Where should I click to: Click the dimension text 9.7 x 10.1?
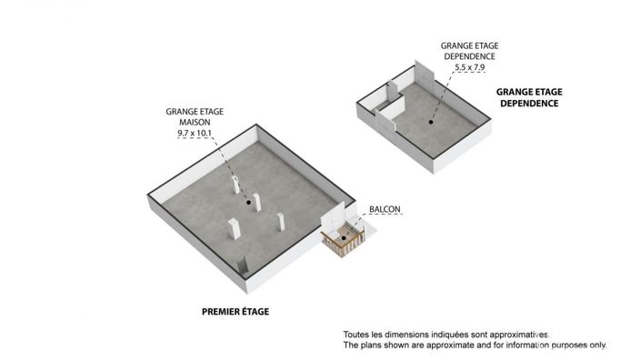coord(195,134)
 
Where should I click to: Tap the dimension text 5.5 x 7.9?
coord(470,67)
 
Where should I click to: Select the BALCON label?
coord(385,209)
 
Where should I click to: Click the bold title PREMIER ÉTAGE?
coord(235,312)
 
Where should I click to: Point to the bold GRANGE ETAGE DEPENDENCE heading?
coord(529,97)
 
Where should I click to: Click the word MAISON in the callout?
coord(195,122)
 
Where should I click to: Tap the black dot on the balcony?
coord(344,238)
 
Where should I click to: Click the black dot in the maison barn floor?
coord(248,202)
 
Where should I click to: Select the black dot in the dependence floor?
coord(431,122)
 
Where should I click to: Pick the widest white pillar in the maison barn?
coord(235,229)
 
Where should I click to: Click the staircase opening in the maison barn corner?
coord(243,265)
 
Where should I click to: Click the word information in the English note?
coord(526,345)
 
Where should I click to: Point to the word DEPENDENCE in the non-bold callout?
coord(470,56)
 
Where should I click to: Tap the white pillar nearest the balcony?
coord(281,222)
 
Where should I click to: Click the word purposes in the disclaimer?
coord(568,345)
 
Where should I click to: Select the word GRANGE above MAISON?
coord(179,112)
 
